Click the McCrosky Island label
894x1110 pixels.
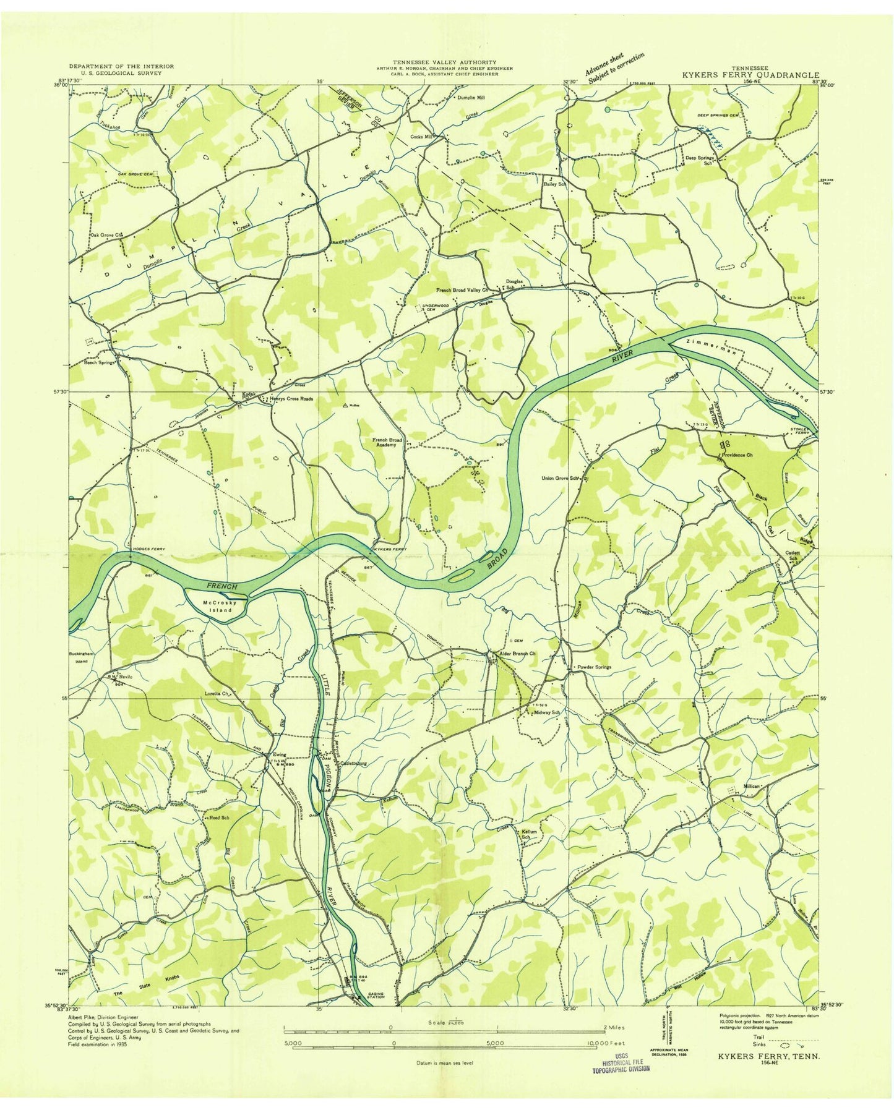[x=217, y=605]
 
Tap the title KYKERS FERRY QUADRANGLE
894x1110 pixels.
[x=750, y=74]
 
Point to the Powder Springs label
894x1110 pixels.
[x=594, y=667]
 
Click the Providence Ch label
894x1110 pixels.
[x=736, y=455]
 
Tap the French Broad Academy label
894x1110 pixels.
[x=387, y=443]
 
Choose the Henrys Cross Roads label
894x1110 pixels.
[x=291, y=399]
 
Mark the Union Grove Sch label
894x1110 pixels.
[x=562, y=478]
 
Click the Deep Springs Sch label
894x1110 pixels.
[x=700, y=159]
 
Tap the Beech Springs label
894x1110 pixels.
[x=100, y=363]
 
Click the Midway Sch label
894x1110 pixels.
[x=546, y=712]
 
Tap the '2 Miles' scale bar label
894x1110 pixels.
[x=616, y=1028]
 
